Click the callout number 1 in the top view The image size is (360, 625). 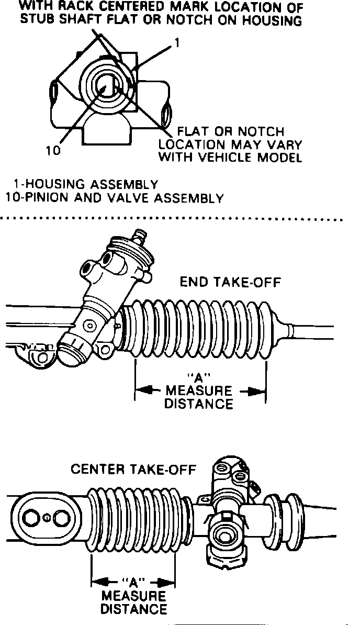(x=176, y=44)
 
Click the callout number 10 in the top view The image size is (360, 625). (x=53, y=150)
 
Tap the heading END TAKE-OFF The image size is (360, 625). (x=230, y=282)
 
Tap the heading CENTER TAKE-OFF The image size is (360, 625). (x=133, y=469)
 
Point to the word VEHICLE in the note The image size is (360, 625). (x=235, y=157)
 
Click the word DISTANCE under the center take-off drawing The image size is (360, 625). (x=133, y=609)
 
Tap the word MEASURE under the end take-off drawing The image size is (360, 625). (x=198, y=391)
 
